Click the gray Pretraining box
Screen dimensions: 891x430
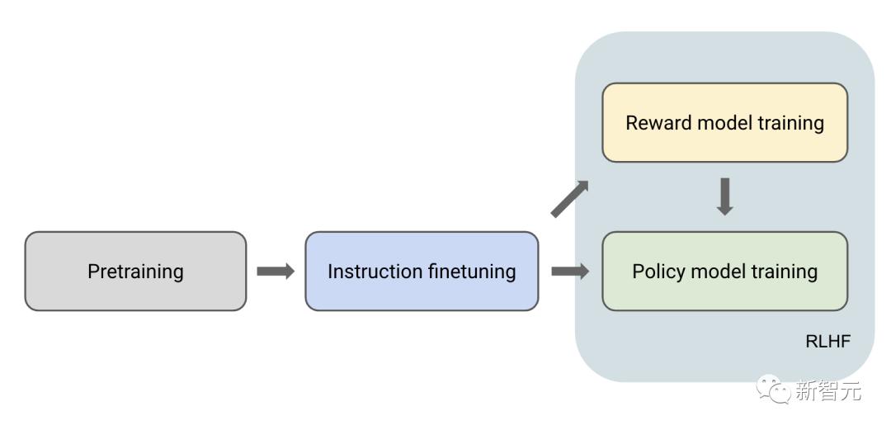135,272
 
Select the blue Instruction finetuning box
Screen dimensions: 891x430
422,272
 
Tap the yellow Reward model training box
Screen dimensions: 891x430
724,122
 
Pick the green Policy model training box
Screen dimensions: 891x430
724,272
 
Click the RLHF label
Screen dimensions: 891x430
828,342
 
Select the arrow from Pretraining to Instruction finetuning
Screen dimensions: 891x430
276,272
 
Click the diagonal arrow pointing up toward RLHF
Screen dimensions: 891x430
569,199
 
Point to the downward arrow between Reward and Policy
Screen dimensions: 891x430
724,196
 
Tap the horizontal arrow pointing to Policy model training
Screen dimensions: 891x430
570,272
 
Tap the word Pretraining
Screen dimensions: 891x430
135,272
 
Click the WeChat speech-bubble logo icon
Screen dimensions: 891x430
773,389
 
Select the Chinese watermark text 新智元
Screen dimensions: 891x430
828,390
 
